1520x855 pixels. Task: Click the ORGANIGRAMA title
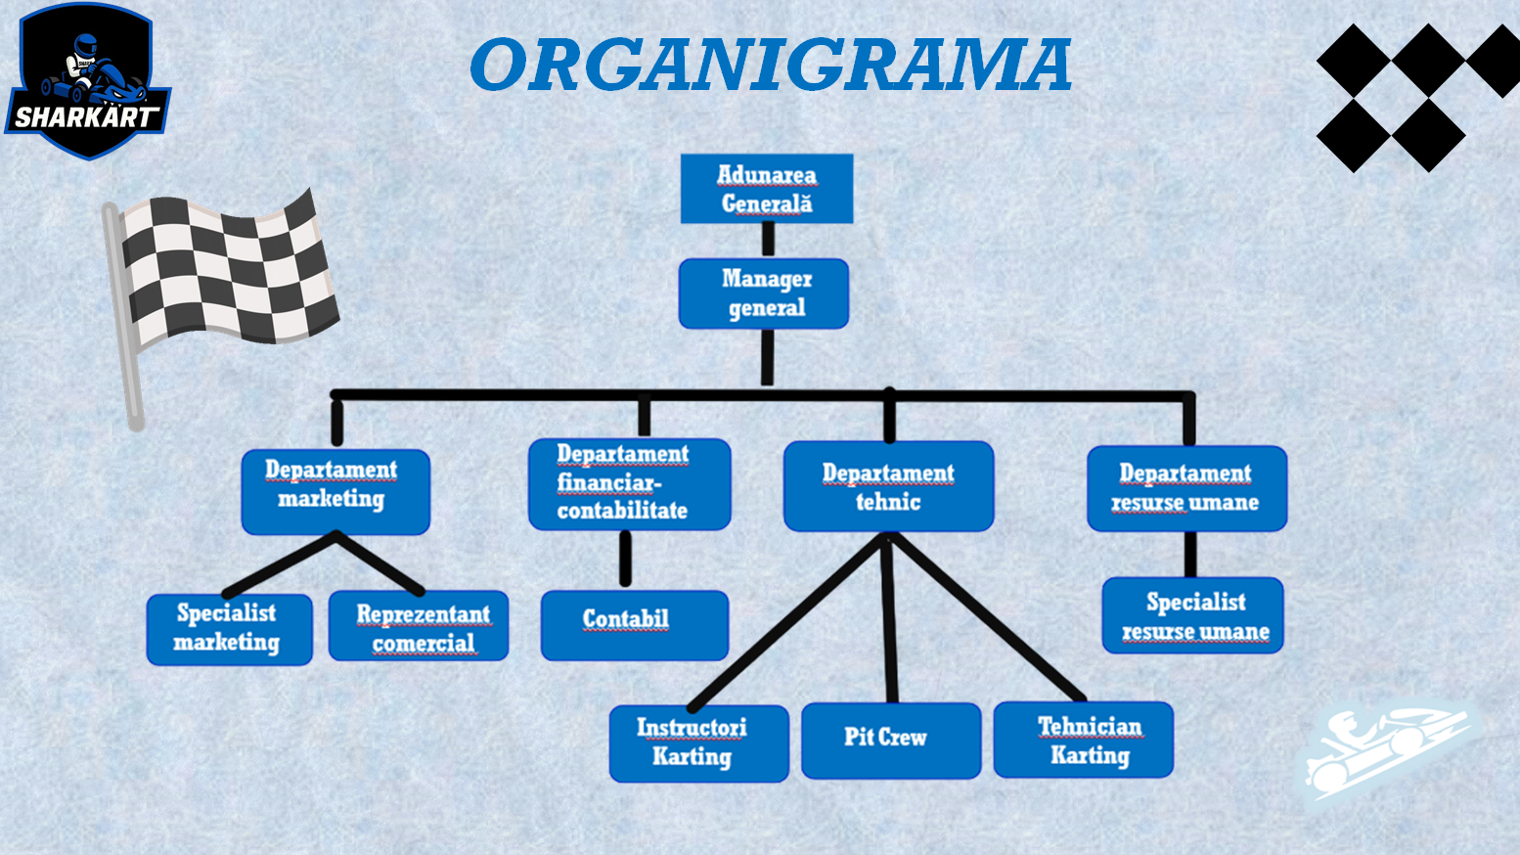tap(770, 65)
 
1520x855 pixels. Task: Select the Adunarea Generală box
tap(767, 189)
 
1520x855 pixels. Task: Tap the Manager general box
tap(764, 293)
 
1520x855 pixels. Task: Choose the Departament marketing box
tap(335, 491)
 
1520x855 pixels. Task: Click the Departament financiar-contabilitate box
tap(629, 484)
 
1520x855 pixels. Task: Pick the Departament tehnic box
tap(888, 486)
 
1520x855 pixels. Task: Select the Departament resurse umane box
tap(1186, 488)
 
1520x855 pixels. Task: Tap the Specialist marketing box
tap(229, 629)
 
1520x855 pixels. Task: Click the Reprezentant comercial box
tap(419, 626)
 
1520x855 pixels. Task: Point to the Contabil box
tap(634, 624)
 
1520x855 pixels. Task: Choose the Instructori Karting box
tap(698, 742)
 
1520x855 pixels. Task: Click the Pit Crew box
tap(890, 740)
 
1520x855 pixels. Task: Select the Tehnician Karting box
tap(1083, 740)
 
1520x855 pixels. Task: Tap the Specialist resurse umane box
tap(1192, 615)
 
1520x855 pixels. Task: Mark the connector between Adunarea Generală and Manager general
tap(768, 241)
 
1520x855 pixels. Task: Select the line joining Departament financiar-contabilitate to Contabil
tap(625, 560)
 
